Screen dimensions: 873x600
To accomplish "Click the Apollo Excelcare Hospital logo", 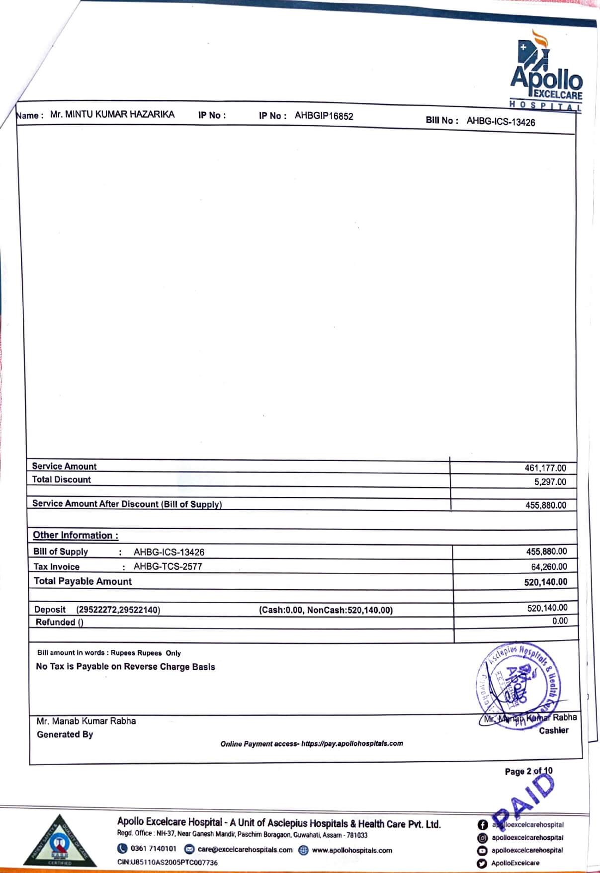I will tap(545, 70).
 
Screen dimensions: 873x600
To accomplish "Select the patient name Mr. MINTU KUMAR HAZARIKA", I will tap(112, 114).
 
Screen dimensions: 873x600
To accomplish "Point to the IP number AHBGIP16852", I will tap(324, 116).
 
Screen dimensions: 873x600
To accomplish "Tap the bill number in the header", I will tap(501, 122).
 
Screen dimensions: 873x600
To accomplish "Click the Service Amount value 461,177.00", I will tap(545, 468).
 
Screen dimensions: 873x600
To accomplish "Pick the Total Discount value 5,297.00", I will tap(550, 481).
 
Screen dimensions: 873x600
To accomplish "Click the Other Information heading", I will tap(76, 535).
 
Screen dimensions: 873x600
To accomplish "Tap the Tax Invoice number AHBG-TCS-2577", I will tap(168, 566).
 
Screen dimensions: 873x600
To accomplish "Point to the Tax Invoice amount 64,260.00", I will tap(549, 567).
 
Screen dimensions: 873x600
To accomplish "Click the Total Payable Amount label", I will tap(83, 581).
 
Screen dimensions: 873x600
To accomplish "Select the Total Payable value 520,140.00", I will tap(545, 582).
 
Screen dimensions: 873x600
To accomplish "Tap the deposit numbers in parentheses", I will tap(118, 610).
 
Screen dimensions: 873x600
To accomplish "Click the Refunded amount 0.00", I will tap(559, 621).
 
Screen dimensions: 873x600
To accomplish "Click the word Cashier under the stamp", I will tap(553, 730).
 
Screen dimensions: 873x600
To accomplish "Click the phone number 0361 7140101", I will tap(153, 849).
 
